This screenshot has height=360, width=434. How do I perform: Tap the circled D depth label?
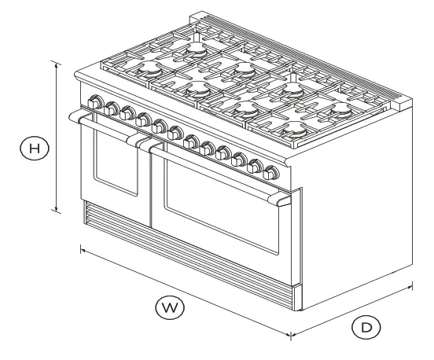pos(364,327)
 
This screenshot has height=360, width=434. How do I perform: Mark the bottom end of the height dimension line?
pos(57,211)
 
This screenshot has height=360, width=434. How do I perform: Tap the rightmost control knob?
pos(272,172)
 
